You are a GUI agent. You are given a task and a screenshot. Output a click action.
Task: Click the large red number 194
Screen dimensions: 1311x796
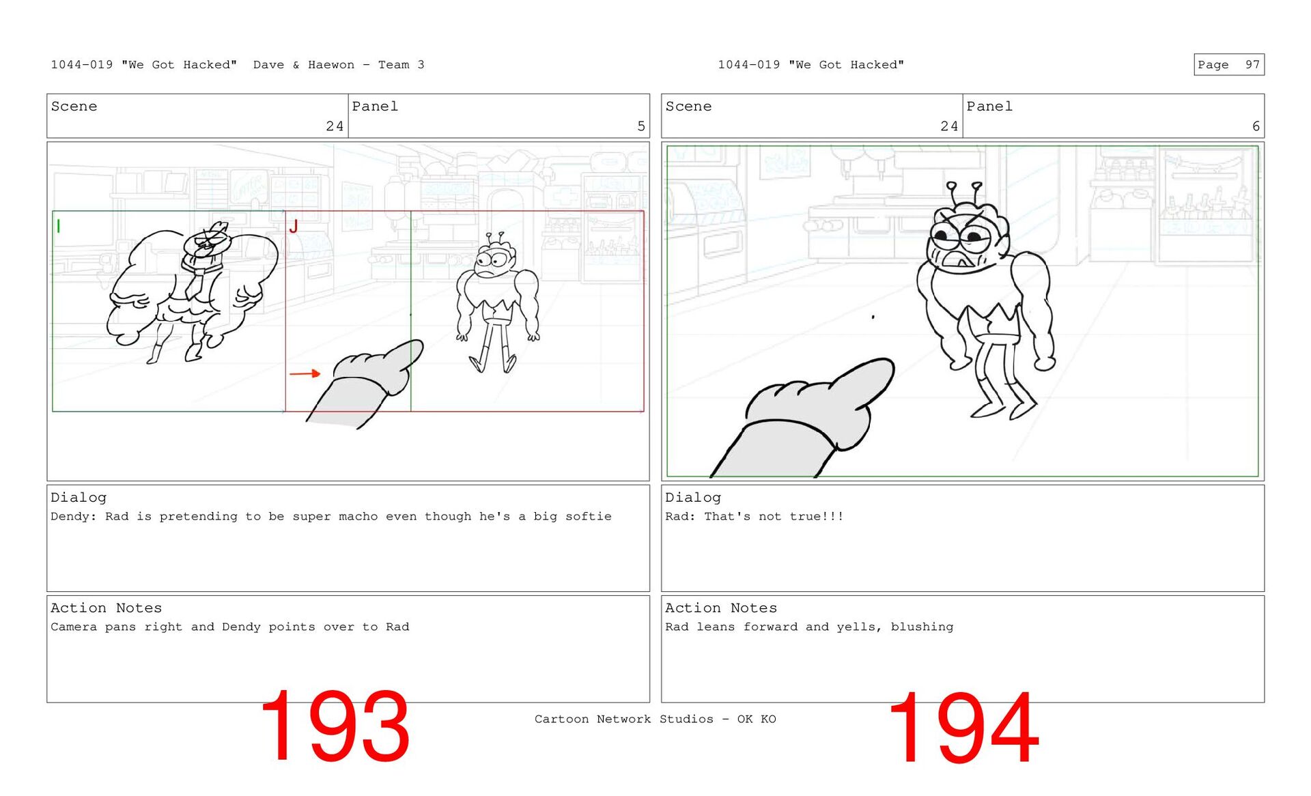tap(963, 726)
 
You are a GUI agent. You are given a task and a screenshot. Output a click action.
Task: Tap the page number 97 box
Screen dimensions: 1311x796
tap(1228, 64)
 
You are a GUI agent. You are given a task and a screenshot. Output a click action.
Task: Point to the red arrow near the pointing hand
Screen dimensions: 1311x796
tap(305, 373)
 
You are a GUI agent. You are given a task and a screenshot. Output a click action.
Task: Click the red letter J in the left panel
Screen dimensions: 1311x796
tap(294, 227)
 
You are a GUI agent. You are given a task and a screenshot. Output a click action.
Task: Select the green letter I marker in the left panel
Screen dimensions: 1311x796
tap(59, 226)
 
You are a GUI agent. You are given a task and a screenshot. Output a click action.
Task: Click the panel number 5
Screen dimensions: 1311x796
tap(641, 126)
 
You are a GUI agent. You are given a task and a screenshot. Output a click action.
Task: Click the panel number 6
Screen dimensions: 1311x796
tap(1256, 126)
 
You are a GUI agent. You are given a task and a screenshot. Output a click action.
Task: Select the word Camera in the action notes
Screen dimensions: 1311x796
tap(74, 627)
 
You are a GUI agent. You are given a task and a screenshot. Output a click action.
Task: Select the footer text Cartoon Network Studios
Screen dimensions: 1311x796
tap(623, 719)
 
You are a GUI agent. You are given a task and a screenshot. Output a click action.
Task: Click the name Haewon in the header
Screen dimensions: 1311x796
tap(331, 65)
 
